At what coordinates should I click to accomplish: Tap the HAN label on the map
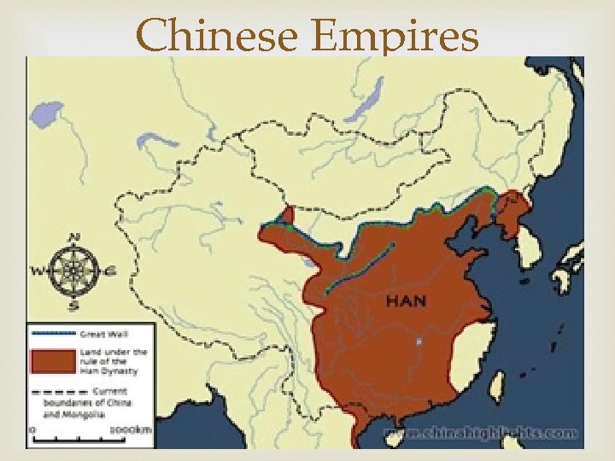coord(407,301)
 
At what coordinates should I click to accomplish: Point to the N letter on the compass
coord(75,238)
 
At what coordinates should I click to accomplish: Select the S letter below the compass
coord(74,304)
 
